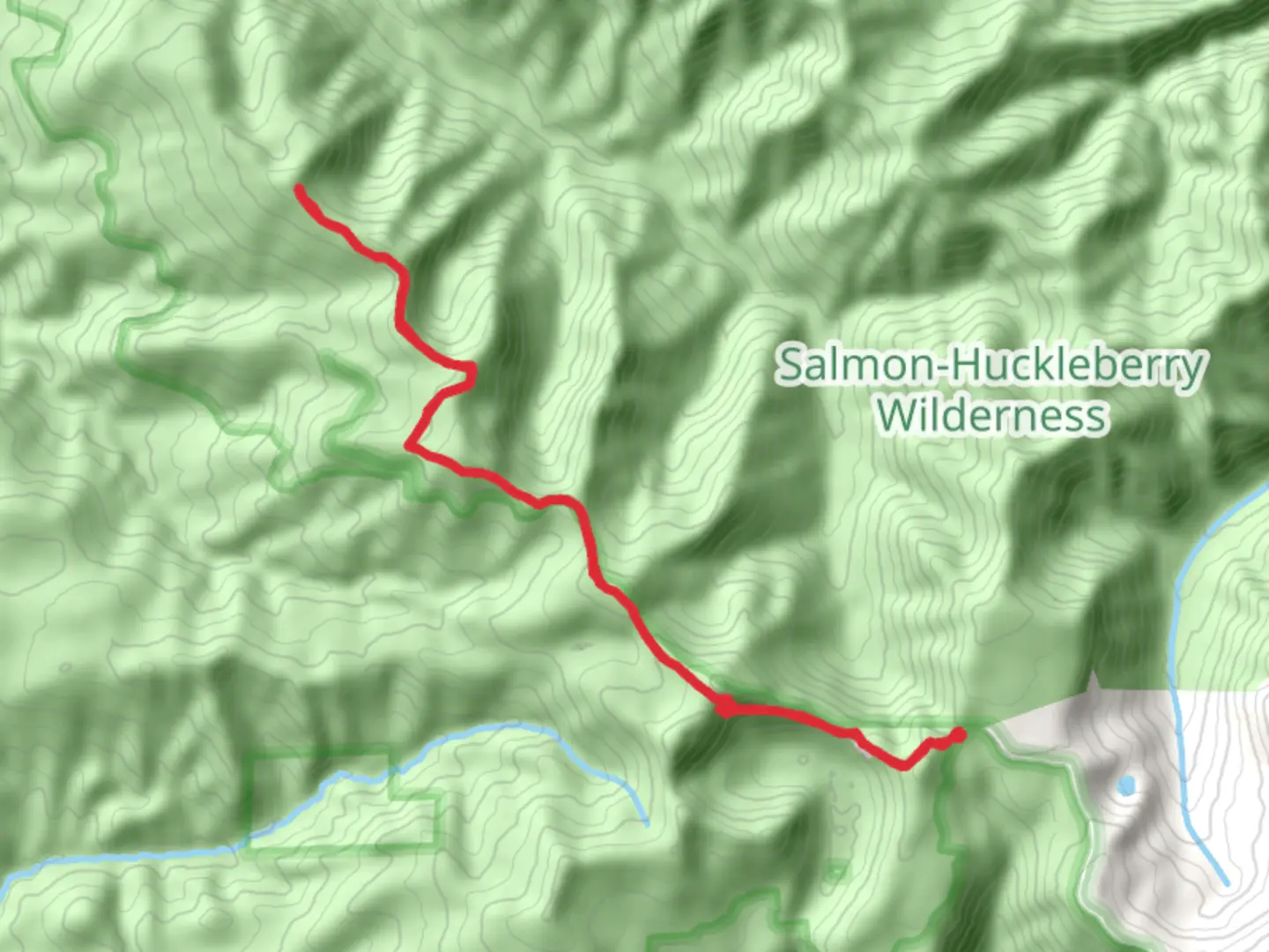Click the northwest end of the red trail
tap(300, 189)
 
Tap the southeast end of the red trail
tap(960, 733)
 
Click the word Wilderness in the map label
tap(991, 415)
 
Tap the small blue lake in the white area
tap(1125, 785)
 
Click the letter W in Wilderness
tap(897, 415)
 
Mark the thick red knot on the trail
tap(725, 707)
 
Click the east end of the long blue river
tap(647, 824)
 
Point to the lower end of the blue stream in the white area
tap(1226, 881)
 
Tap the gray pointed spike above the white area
tap(1092, 681)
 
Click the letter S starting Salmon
tap(790, 364)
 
